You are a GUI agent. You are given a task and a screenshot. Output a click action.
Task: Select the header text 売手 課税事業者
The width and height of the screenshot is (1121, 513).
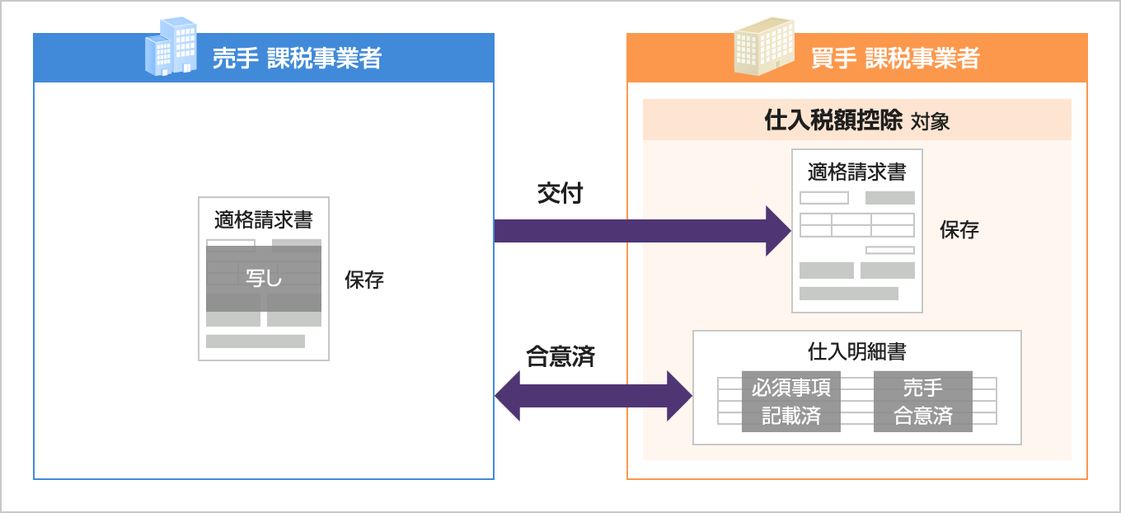[297, 59]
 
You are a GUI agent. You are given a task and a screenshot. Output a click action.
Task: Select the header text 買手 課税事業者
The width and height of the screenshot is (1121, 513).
[895, 59]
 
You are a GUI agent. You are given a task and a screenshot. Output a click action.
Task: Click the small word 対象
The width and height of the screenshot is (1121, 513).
[931, 122]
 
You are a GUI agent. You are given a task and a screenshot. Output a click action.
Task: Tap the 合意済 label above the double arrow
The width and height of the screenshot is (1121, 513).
[560, 356]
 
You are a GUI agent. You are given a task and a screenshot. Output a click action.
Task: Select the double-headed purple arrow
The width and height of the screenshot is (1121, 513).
[593, 396]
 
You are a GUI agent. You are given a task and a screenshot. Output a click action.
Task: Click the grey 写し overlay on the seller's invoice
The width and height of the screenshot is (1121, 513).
[264, 278]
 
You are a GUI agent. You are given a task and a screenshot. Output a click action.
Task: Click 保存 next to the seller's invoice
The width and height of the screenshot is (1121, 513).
[364, 280]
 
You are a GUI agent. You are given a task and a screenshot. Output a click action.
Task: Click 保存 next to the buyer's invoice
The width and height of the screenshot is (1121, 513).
[959, 231]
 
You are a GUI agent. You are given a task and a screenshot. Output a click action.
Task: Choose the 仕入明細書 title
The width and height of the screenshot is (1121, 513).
[857, 352]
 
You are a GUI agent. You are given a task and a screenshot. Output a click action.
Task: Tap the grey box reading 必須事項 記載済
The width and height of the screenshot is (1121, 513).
[791, 402]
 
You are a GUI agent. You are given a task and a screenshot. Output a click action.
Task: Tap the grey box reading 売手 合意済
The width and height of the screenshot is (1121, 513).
[923, 402]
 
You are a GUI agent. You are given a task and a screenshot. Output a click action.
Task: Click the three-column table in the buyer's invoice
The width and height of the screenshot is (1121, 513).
[857, 225]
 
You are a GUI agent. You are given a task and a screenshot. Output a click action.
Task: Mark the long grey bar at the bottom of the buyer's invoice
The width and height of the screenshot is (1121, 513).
[849, 294]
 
